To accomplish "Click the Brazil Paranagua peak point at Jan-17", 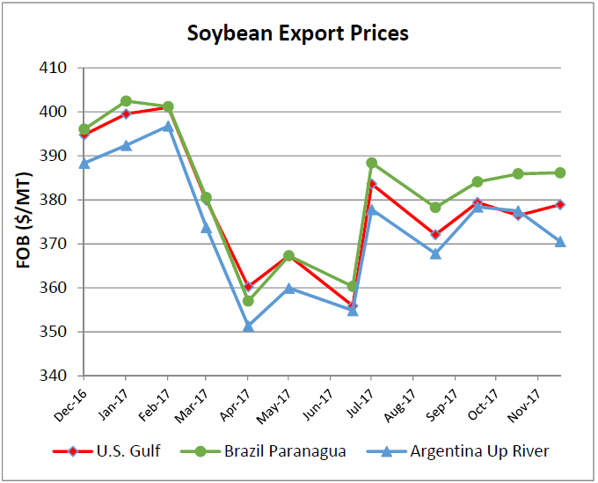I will pos(126,101).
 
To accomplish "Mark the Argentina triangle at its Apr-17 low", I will pos(248,326).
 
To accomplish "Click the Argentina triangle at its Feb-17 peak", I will pos(167,127).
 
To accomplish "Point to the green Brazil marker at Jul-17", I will pos(371,163).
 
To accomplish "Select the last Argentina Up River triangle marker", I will pos(559,241).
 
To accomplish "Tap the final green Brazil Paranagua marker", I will pos(559,172).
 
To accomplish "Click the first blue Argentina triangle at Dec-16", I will pos(84,163).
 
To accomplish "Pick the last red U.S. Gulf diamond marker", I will pos(559,205).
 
